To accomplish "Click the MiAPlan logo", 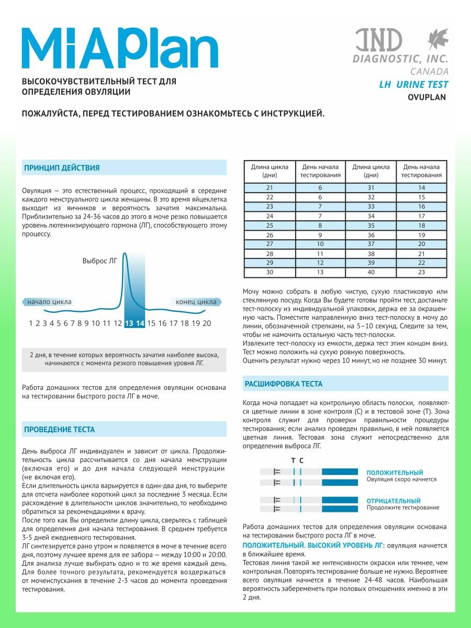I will pyautogui.click(x=120, y=48).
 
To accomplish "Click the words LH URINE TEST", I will pyautogui.click(x=413, y=85).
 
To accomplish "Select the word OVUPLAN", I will pyautogui.click(x=427, y=97).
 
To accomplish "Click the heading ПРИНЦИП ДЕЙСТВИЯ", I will pyautogui.click(x=62, y=168).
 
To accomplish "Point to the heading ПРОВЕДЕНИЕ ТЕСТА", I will pyautogui.click(x=60, y=430).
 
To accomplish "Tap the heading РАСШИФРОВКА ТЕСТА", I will pyautogui.click(x=284, y=384).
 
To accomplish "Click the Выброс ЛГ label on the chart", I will pyautogui.click(x=99, y=260).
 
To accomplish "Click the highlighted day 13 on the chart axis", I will pyautogui.click(x=129, y=323).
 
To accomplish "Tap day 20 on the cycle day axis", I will pyautogui.click(x=207, y=323).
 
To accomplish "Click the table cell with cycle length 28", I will pyautogui.click(x=270, y=253).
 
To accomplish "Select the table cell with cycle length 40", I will pyautogui.click(x=371, y=272).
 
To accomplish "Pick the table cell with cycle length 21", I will pyautogui.click(x=270, y=187).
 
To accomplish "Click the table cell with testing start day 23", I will pyautogui.click(x=422, y=272).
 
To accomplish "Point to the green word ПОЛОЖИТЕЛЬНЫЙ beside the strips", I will pyautogui.click(x=395, y=473).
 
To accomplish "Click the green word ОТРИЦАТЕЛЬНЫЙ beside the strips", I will pyautogui.click(x=394, y=501).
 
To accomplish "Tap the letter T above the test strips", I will pyautogui.click(x=293, y=461).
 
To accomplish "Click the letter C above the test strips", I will pyautogui.click(x=301, y=461).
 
